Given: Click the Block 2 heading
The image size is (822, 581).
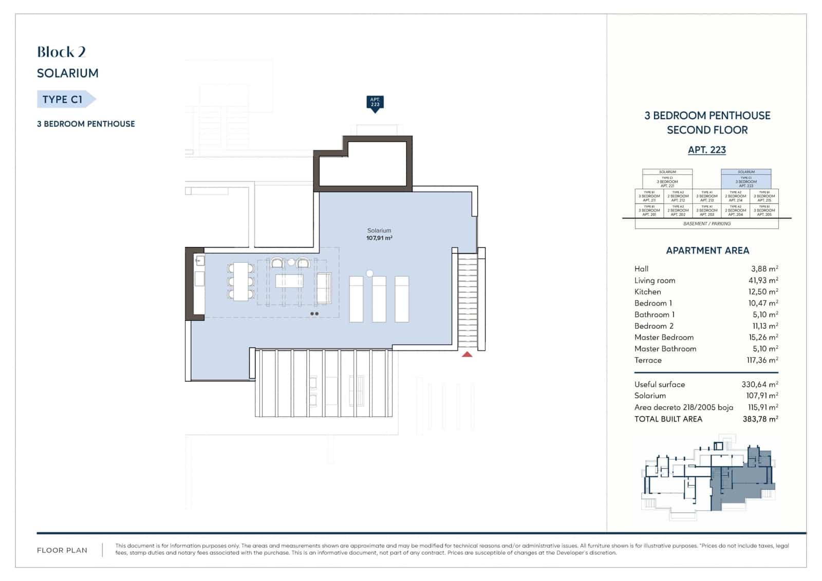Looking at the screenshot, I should pyautogui.click(x=61, y=52).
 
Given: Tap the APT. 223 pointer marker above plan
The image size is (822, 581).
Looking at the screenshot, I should pyautogui.click(x=375, y=103).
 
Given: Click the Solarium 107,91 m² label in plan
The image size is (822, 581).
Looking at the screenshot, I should pyautogui.click(x=379, y=234).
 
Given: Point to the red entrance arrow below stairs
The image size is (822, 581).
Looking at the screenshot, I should pyautogui.click(x=466, y=354).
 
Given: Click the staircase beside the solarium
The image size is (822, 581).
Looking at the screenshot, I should pyautogui.click(x=468, y=301).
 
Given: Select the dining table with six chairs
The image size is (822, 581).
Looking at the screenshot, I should pyautogui.click(x=241, y=282).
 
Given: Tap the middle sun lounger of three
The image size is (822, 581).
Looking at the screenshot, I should pyautogui.click(x=379, y=299).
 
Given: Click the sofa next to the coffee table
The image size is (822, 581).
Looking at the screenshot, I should pyautogui.click(x=324, y=289).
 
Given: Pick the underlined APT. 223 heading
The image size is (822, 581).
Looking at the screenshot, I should pyautogui.click(x=707, y=150).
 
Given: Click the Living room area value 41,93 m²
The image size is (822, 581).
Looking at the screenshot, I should pyautogui.click(x=763, y=280).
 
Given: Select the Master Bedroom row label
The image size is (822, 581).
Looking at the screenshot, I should pyautogui.click(x=664, y=338).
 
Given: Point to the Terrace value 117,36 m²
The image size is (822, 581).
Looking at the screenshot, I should pyautogui.click(x=762, y=360).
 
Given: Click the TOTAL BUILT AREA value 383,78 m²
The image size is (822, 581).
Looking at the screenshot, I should pyautogui.click(x=760, y=419).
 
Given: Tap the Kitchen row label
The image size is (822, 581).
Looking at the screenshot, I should pyautogui.click(x=647, y=292).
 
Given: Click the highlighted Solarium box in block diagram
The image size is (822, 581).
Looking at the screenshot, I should pyautogui.click(x=746, y=179).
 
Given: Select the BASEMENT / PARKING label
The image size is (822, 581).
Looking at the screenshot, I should pyautogui.click(x=707, y=224).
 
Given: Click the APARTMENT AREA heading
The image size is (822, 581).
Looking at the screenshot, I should pyautogui.click(x=707, y=251).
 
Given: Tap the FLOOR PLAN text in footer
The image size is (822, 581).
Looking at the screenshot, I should pyautogui.click(x=62, y=550).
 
